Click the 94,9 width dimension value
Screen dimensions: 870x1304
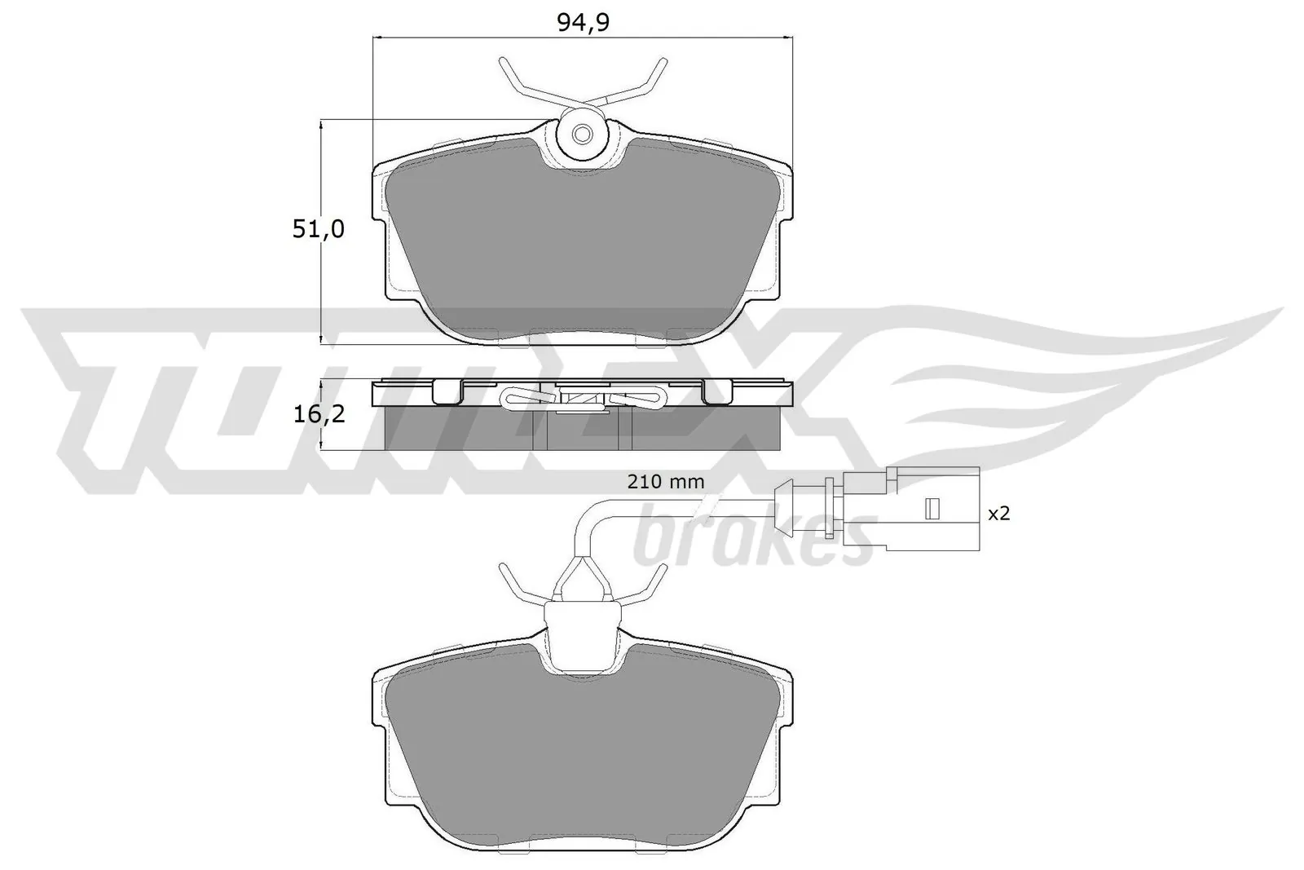pyautogui.click(x=584, y=23)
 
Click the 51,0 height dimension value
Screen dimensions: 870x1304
pyautogui.click(x=319, y=230)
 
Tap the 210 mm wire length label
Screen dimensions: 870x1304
pyautogui.click(x=665, y=482)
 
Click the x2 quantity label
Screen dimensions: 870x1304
pyautogui.click(x=998, y=514)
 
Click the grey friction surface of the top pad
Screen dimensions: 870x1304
pyautogui.click(x=582, y=245)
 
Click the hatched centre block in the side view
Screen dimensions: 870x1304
pyautogui.click(x=582, y=398)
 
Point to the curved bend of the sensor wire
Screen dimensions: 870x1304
pyautogui.click(x=587, y=514)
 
